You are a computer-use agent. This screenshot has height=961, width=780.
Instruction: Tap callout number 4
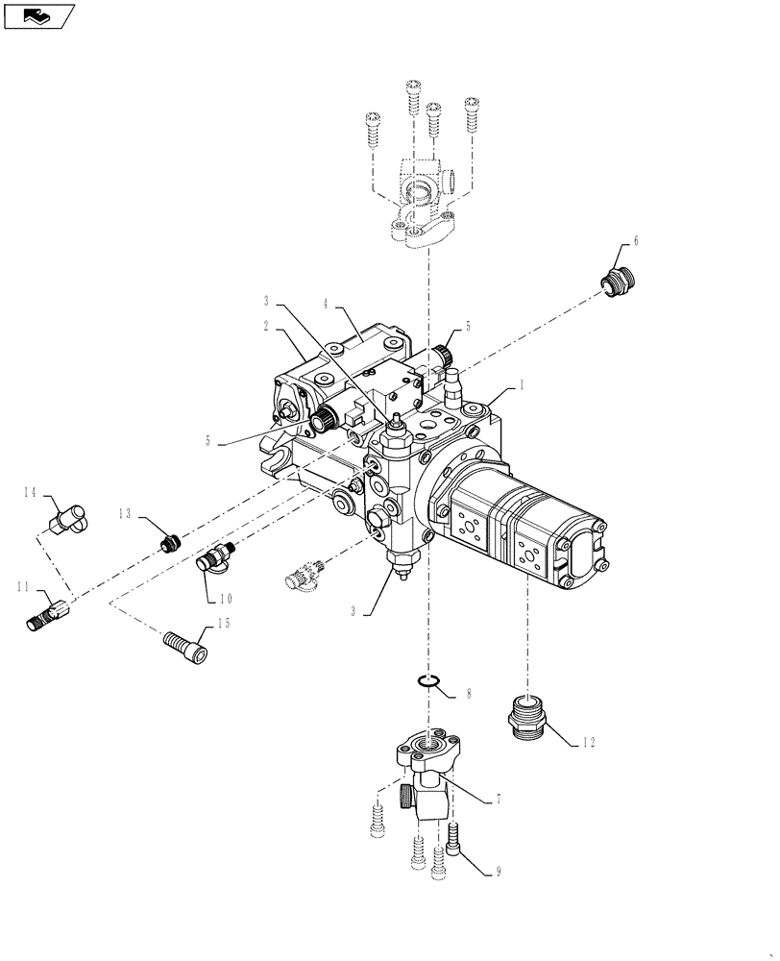click(x=326, y=305)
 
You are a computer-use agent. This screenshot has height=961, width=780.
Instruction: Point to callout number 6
click(x=635, y=241)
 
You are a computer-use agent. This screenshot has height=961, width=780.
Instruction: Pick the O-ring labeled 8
click(x=428, y=682)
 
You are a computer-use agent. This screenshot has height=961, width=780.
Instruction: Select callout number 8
click(x=468, y=692)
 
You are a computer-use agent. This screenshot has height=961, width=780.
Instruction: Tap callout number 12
click(x=589, y=742)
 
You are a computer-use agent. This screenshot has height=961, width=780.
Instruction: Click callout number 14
click(x=31, y=492)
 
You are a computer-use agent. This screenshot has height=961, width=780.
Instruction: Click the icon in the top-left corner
click(x=39, y=15)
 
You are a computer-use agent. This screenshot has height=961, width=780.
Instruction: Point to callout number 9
click(x=498, y=873)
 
